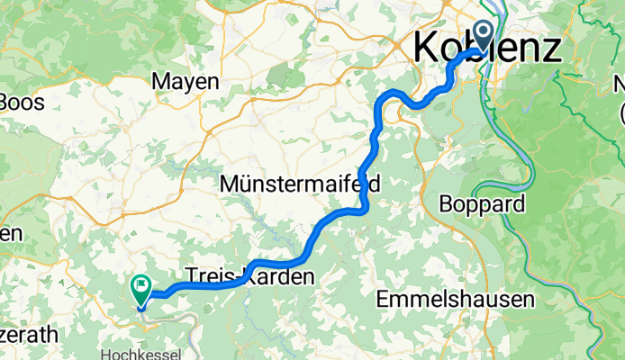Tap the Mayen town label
pos(186,82)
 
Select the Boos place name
pos(19,101)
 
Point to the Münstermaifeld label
pos(301,184)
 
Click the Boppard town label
pos(482,204)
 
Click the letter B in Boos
pos(6,101)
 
